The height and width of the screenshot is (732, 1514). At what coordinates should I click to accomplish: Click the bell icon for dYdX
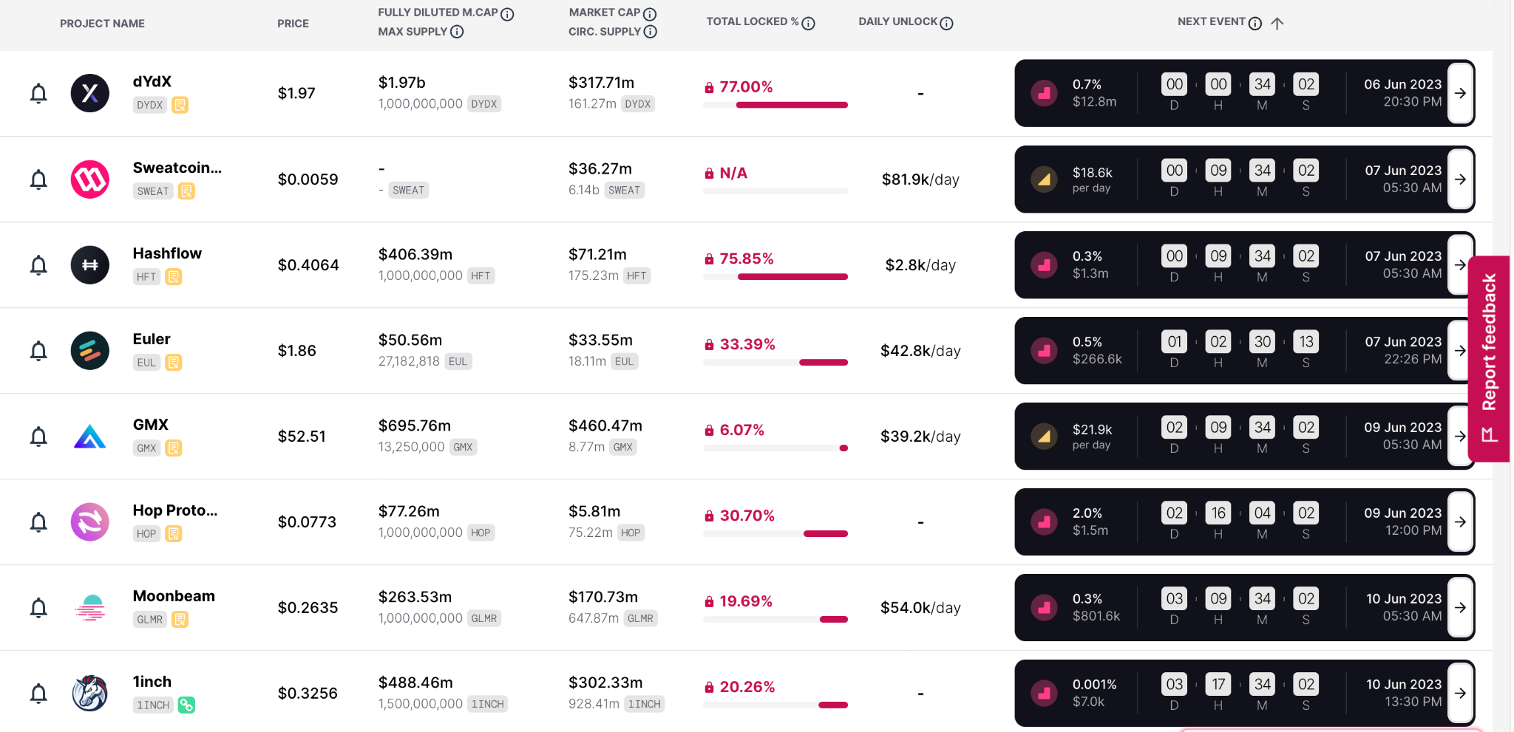(38, 94)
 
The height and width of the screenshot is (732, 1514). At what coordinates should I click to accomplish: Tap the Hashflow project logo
(90, 265)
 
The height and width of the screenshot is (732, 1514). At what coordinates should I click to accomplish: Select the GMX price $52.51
(302, 437)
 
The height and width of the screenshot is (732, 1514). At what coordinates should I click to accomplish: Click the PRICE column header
(293, 24)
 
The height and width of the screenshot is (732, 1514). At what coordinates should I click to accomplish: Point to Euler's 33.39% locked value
(747, 344)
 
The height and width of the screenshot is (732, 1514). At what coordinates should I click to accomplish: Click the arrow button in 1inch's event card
(1460, 693)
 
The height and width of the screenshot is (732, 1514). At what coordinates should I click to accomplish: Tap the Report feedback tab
(1489, 358)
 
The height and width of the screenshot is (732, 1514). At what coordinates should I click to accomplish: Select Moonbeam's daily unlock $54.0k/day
(920, 608)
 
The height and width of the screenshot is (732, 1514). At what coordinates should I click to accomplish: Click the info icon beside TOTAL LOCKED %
(809, 24)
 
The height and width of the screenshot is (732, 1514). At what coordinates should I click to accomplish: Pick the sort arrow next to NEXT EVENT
(1277, 24)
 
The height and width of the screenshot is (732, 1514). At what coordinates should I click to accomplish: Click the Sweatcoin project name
(177, 168)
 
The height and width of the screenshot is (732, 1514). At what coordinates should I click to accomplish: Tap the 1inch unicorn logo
(90, 694)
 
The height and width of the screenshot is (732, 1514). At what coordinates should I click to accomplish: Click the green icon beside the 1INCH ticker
(186, 705)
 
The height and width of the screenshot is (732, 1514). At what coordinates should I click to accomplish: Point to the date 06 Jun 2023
(1402, 84)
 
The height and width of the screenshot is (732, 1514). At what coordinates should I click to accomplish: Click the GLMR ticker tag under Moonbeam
(149, 620)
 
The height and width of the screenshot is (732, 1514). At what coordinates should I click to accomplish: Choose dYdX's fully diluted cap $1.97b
(402, 83)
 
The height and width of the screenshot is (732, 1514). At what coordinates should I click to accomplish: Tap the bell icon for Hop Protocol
(38, 522)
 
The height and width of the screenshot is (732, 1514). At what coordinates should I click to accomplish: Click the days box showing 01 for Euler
(1174, 342)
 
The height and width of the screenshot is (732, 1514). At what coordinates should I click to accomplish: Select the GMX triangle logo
(90, 437)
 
